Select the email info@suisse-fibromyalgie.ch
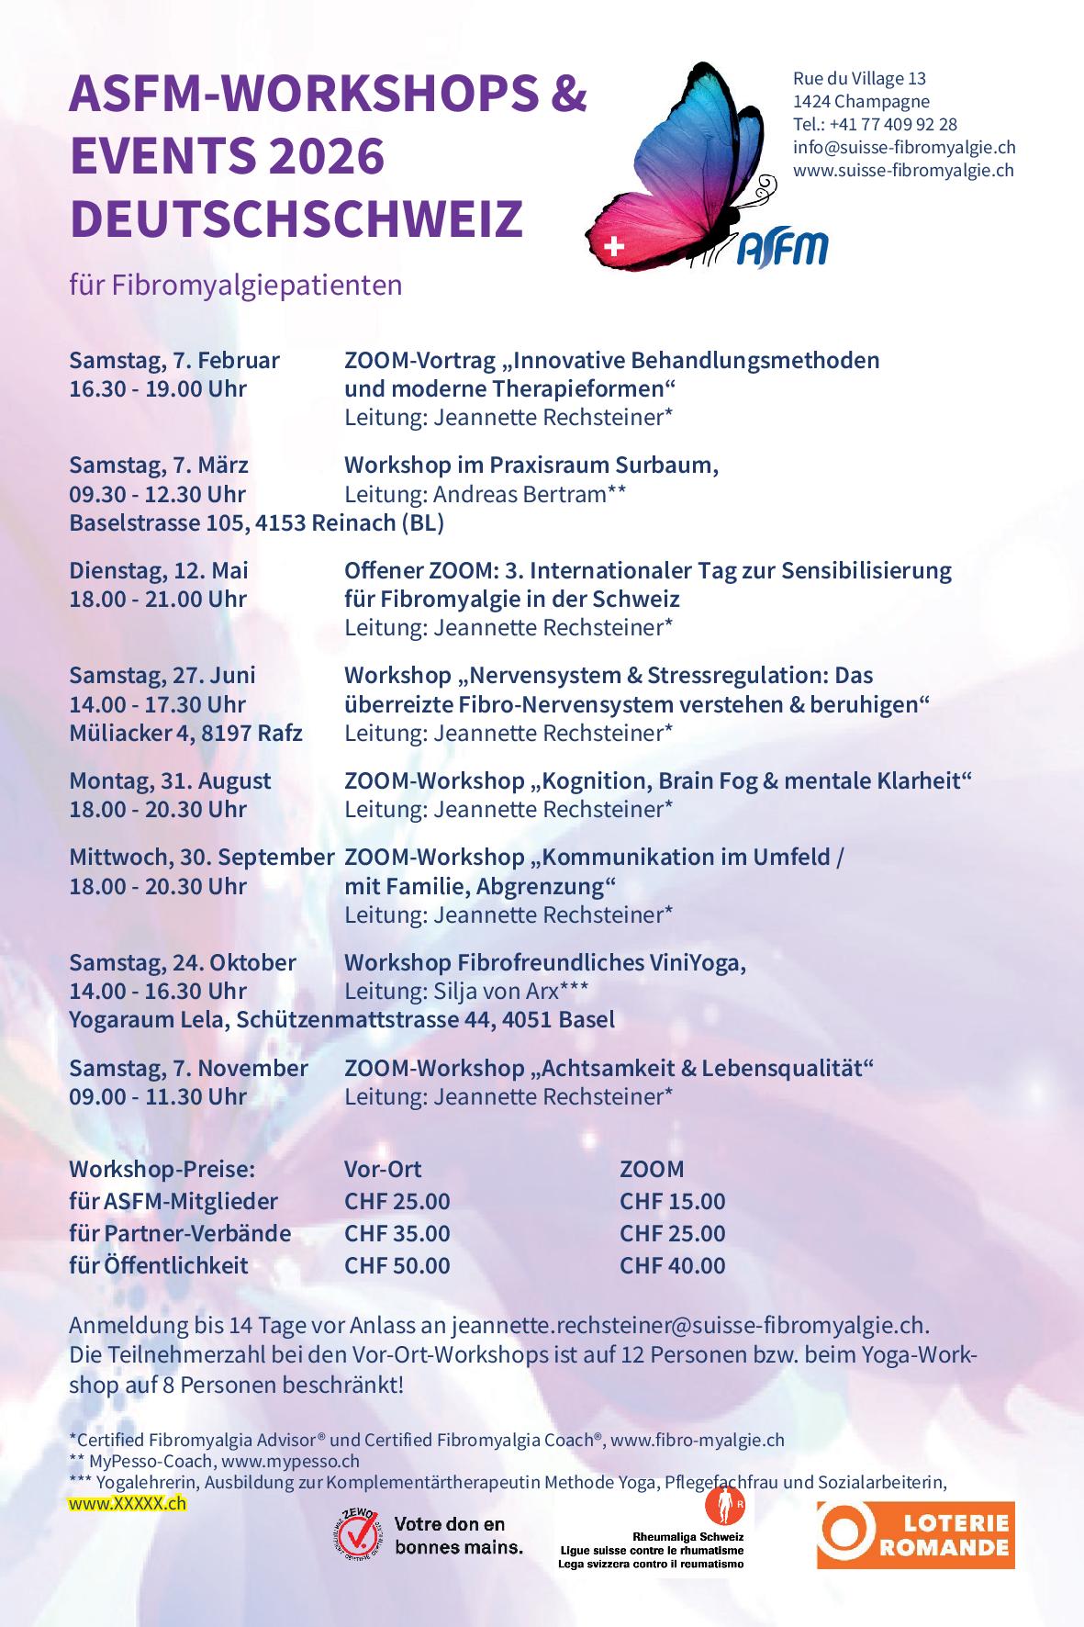pos(904,147)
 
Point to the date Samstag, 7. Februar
pos(174,360)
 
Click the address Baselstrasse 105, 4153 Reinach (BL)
pos(257,523)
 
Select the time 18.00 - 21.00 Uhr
pos(158,599)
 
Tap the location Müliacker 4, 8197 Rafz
pos(186,733)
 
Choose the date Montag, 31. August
pos(170,780)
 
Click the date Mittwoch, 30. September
pos(202,858)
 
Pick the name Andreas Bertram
pos(520,494)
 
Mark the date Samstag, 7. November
pos(188,1068)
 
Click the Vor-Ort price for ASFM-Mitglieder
pos(397,1201)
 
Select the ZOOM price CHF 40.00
pos(672,1265)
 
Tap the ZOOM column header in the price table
pos(652,1169)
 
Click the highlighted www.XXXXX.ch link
pos(128,1504)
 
